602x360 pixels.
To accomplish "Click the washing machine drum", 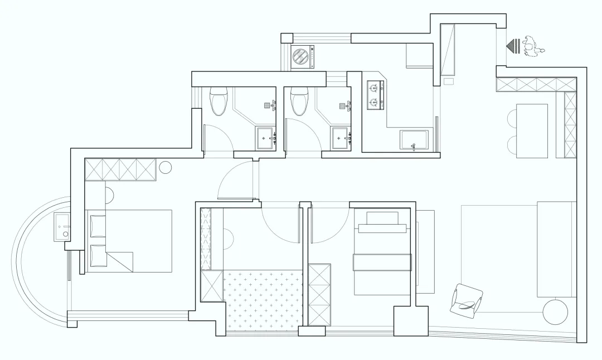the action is point(300,57).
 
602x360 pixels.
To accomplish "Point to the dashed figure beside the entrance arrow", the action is point(533,46).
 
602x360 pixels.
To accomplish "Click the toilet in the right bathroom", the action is point(300,101).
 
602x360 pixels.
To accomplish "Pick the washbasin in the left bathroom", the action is point(266,137).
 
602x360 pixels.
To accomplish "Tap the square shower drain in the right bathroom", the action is point(342,105).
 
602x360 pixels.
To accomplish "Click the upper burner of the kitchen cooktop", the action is point(374,87).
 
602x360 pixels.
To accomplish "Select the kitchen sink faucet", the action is point(414,147).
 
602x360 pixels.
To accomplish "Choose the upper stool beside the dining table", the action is point(512,118).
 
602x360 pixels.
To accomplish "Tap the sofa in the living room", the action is point(556,249).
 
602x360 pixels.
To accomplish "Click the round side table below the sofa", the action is point(556,312).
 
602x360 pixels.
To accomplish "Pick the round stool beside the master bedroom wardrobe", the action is point(166,167).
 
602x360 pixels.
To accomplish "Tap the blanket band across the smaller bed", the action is point(382,262).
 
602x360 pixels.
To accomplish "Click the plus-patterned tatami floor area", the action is point(263,299).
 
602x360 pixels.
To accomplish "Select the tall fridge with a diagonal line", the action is point(448,50).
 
